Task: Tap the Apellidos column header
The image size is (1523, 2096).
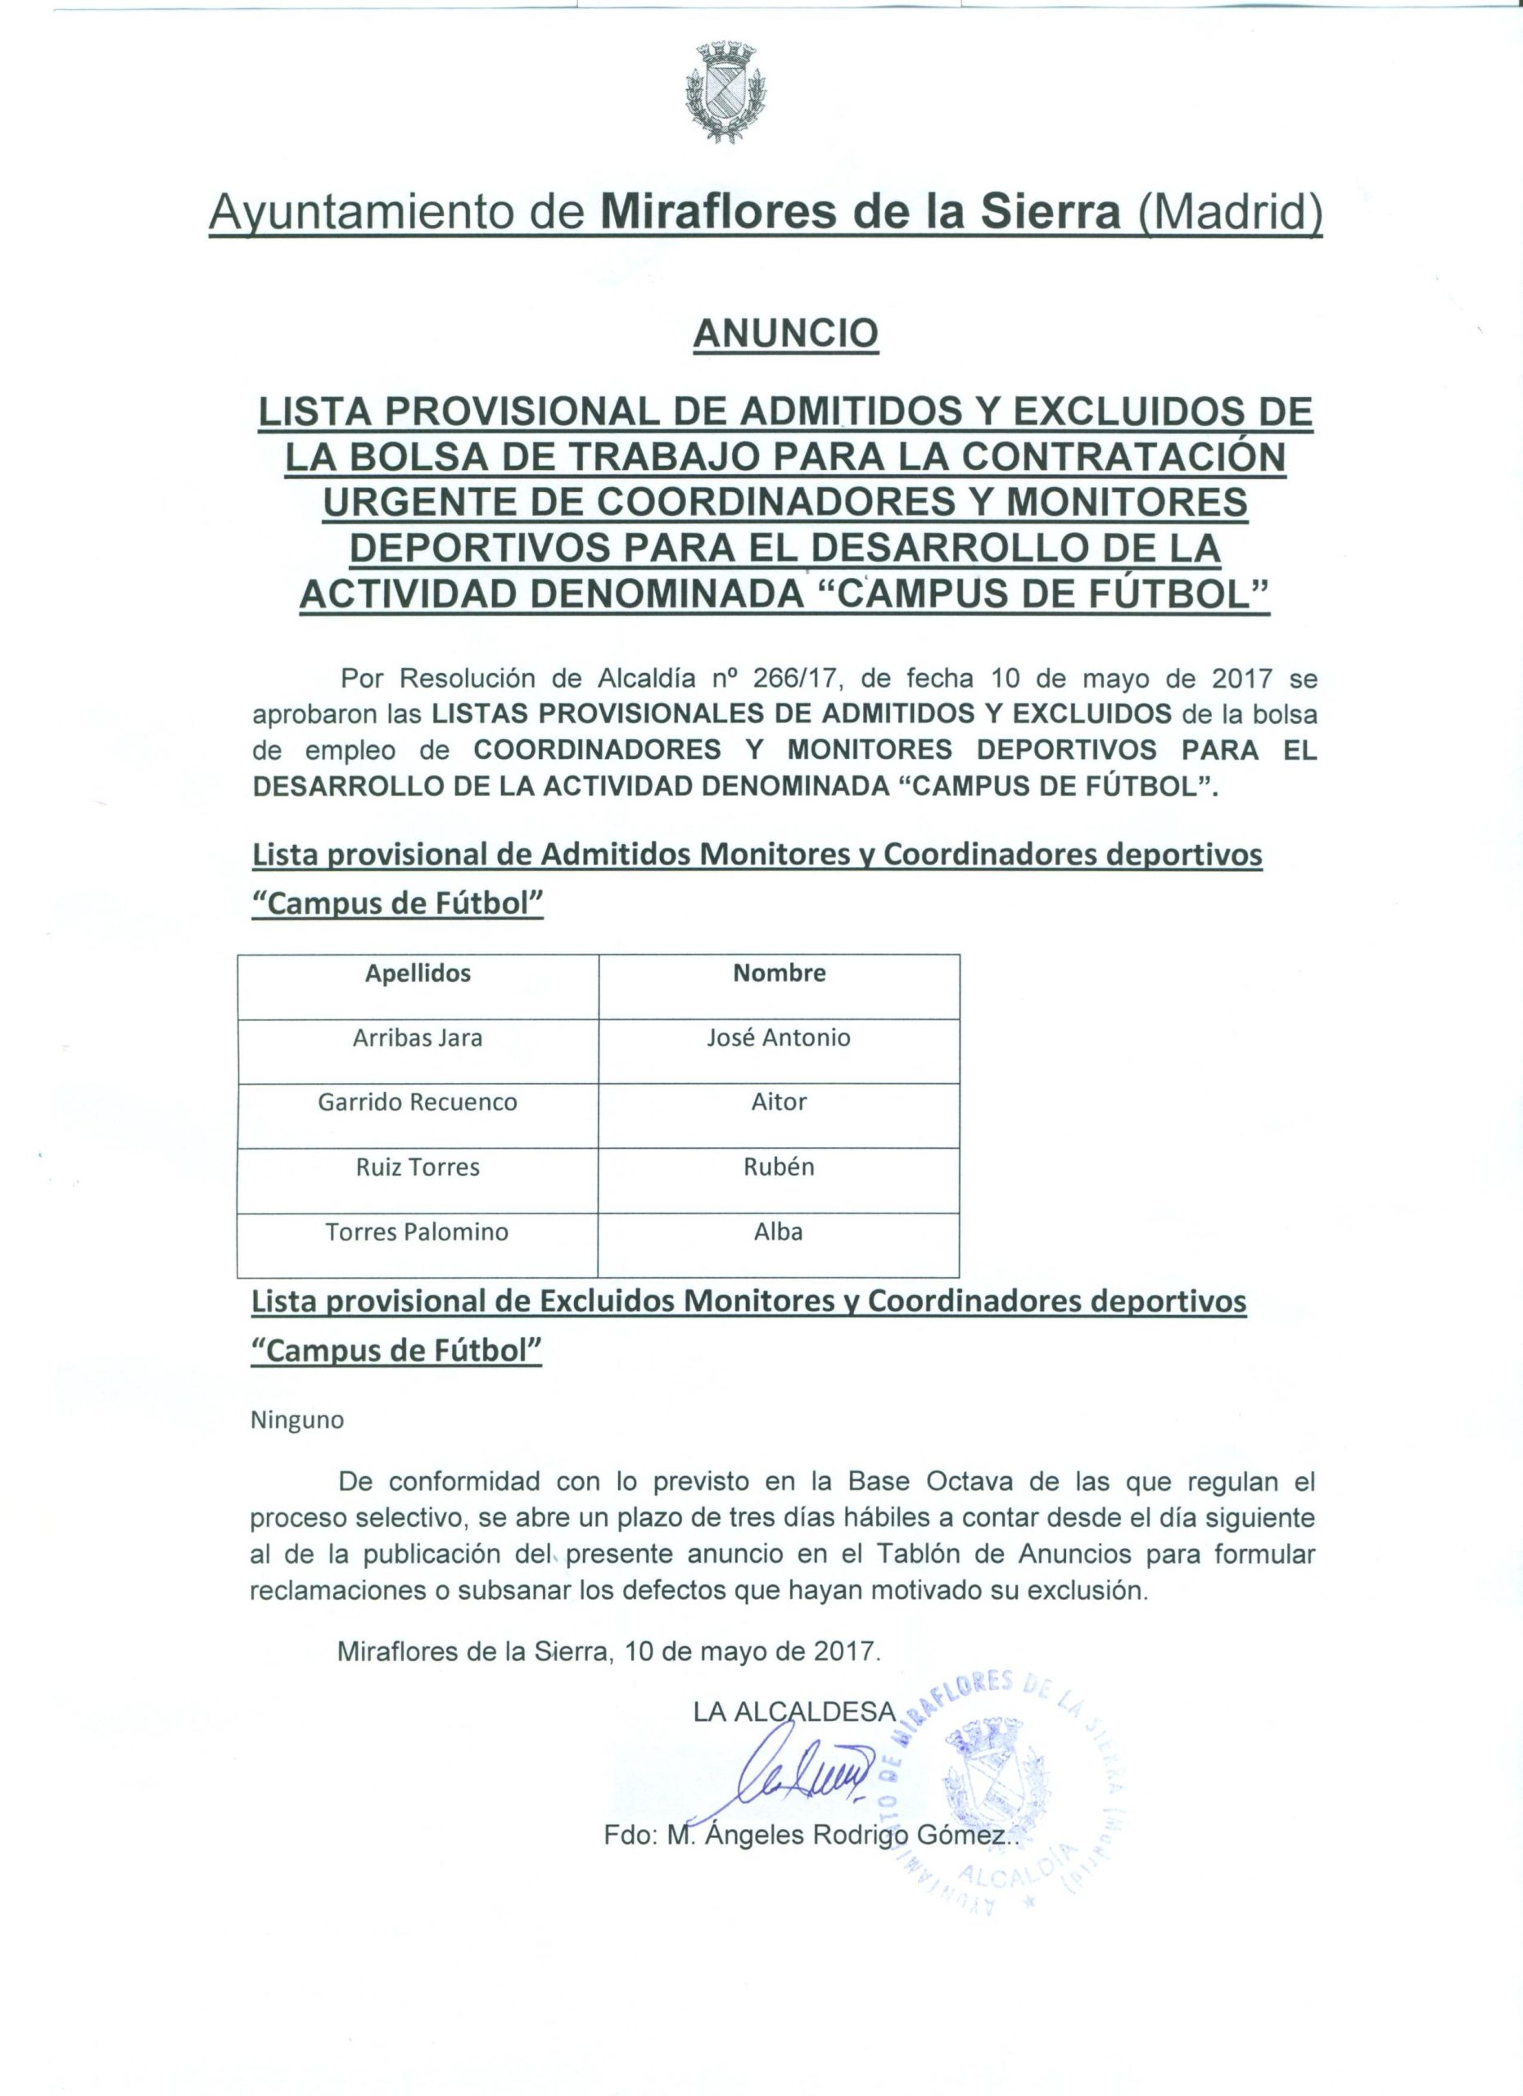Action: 418,973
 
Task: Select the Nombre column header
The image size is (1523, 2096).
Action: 779,973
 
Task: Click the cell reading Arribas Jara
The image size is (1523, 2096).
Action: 418,1038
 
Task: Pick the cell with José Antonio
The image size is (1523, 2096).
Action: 779,1038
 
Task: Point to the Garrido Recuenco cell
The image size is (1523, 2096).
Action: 418,1103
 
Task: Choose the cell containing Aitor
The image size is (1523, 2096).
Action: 779,1103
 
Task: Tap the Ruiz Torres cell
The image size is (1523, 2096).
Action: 418,1168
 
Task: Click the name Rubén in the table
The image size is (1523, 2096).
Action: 779,1168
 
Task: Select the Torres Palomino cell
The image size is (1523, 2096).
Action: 418,1232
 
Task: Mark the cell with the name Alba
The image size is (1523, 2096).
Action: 779,1232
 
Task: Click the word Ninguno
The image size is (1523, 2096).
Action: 296,1421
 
